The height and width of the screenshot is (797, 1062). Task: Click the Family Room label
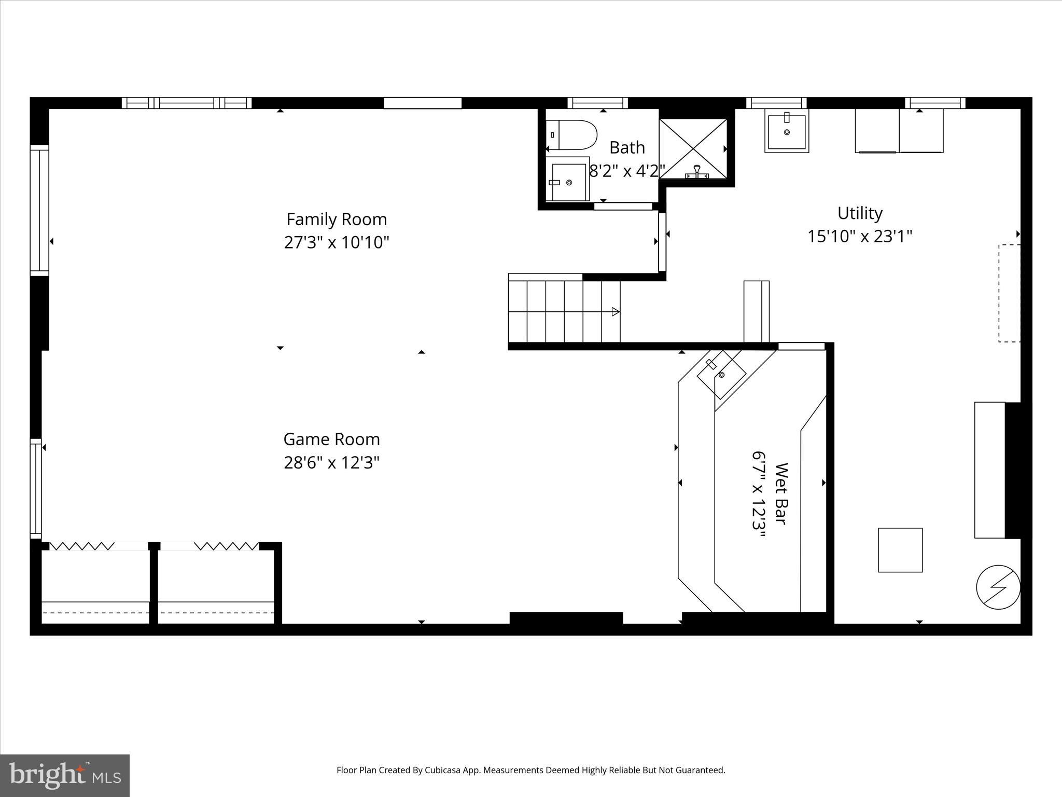point(337,219)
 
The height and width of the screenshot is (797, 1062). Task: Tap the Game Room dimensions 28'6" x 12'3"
point(332,462)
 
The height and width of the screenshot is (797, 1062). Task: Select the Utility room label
point(860,213)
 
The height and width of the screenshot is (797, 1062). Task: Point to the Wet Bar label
point(781,493)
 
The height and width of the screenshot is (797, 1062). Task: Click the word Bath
point(627,148)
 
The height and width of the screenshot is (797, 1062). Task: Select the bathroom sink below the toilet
point(569,182)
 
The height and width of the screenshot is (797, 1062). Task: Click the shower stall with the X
point(693,149)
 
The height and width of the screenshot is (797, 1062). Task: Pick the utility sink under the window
point(787,132)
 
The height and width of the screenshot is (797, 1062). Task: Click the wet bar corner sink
point(721,374)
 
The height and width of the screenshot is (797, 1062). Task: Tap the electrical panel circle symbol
point(998,587)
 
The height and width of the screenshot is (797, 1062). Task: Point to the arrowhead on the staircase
point(616,312)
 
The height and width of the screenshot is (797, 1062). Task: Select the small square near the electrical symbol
point(900,550)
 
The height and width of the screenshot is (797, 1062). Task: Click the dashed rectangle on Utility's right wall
point(1009,293)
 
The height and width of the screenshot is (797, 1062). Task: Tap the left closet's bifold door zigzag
point(82,546)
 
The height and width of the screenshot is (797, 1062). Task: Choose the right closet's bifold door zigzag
point(227,546)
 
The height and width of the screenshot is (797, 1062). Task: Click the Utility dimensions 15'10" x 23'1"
point(860,237)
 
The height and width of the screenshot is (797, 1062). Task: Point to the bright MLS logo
point(65,776)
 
